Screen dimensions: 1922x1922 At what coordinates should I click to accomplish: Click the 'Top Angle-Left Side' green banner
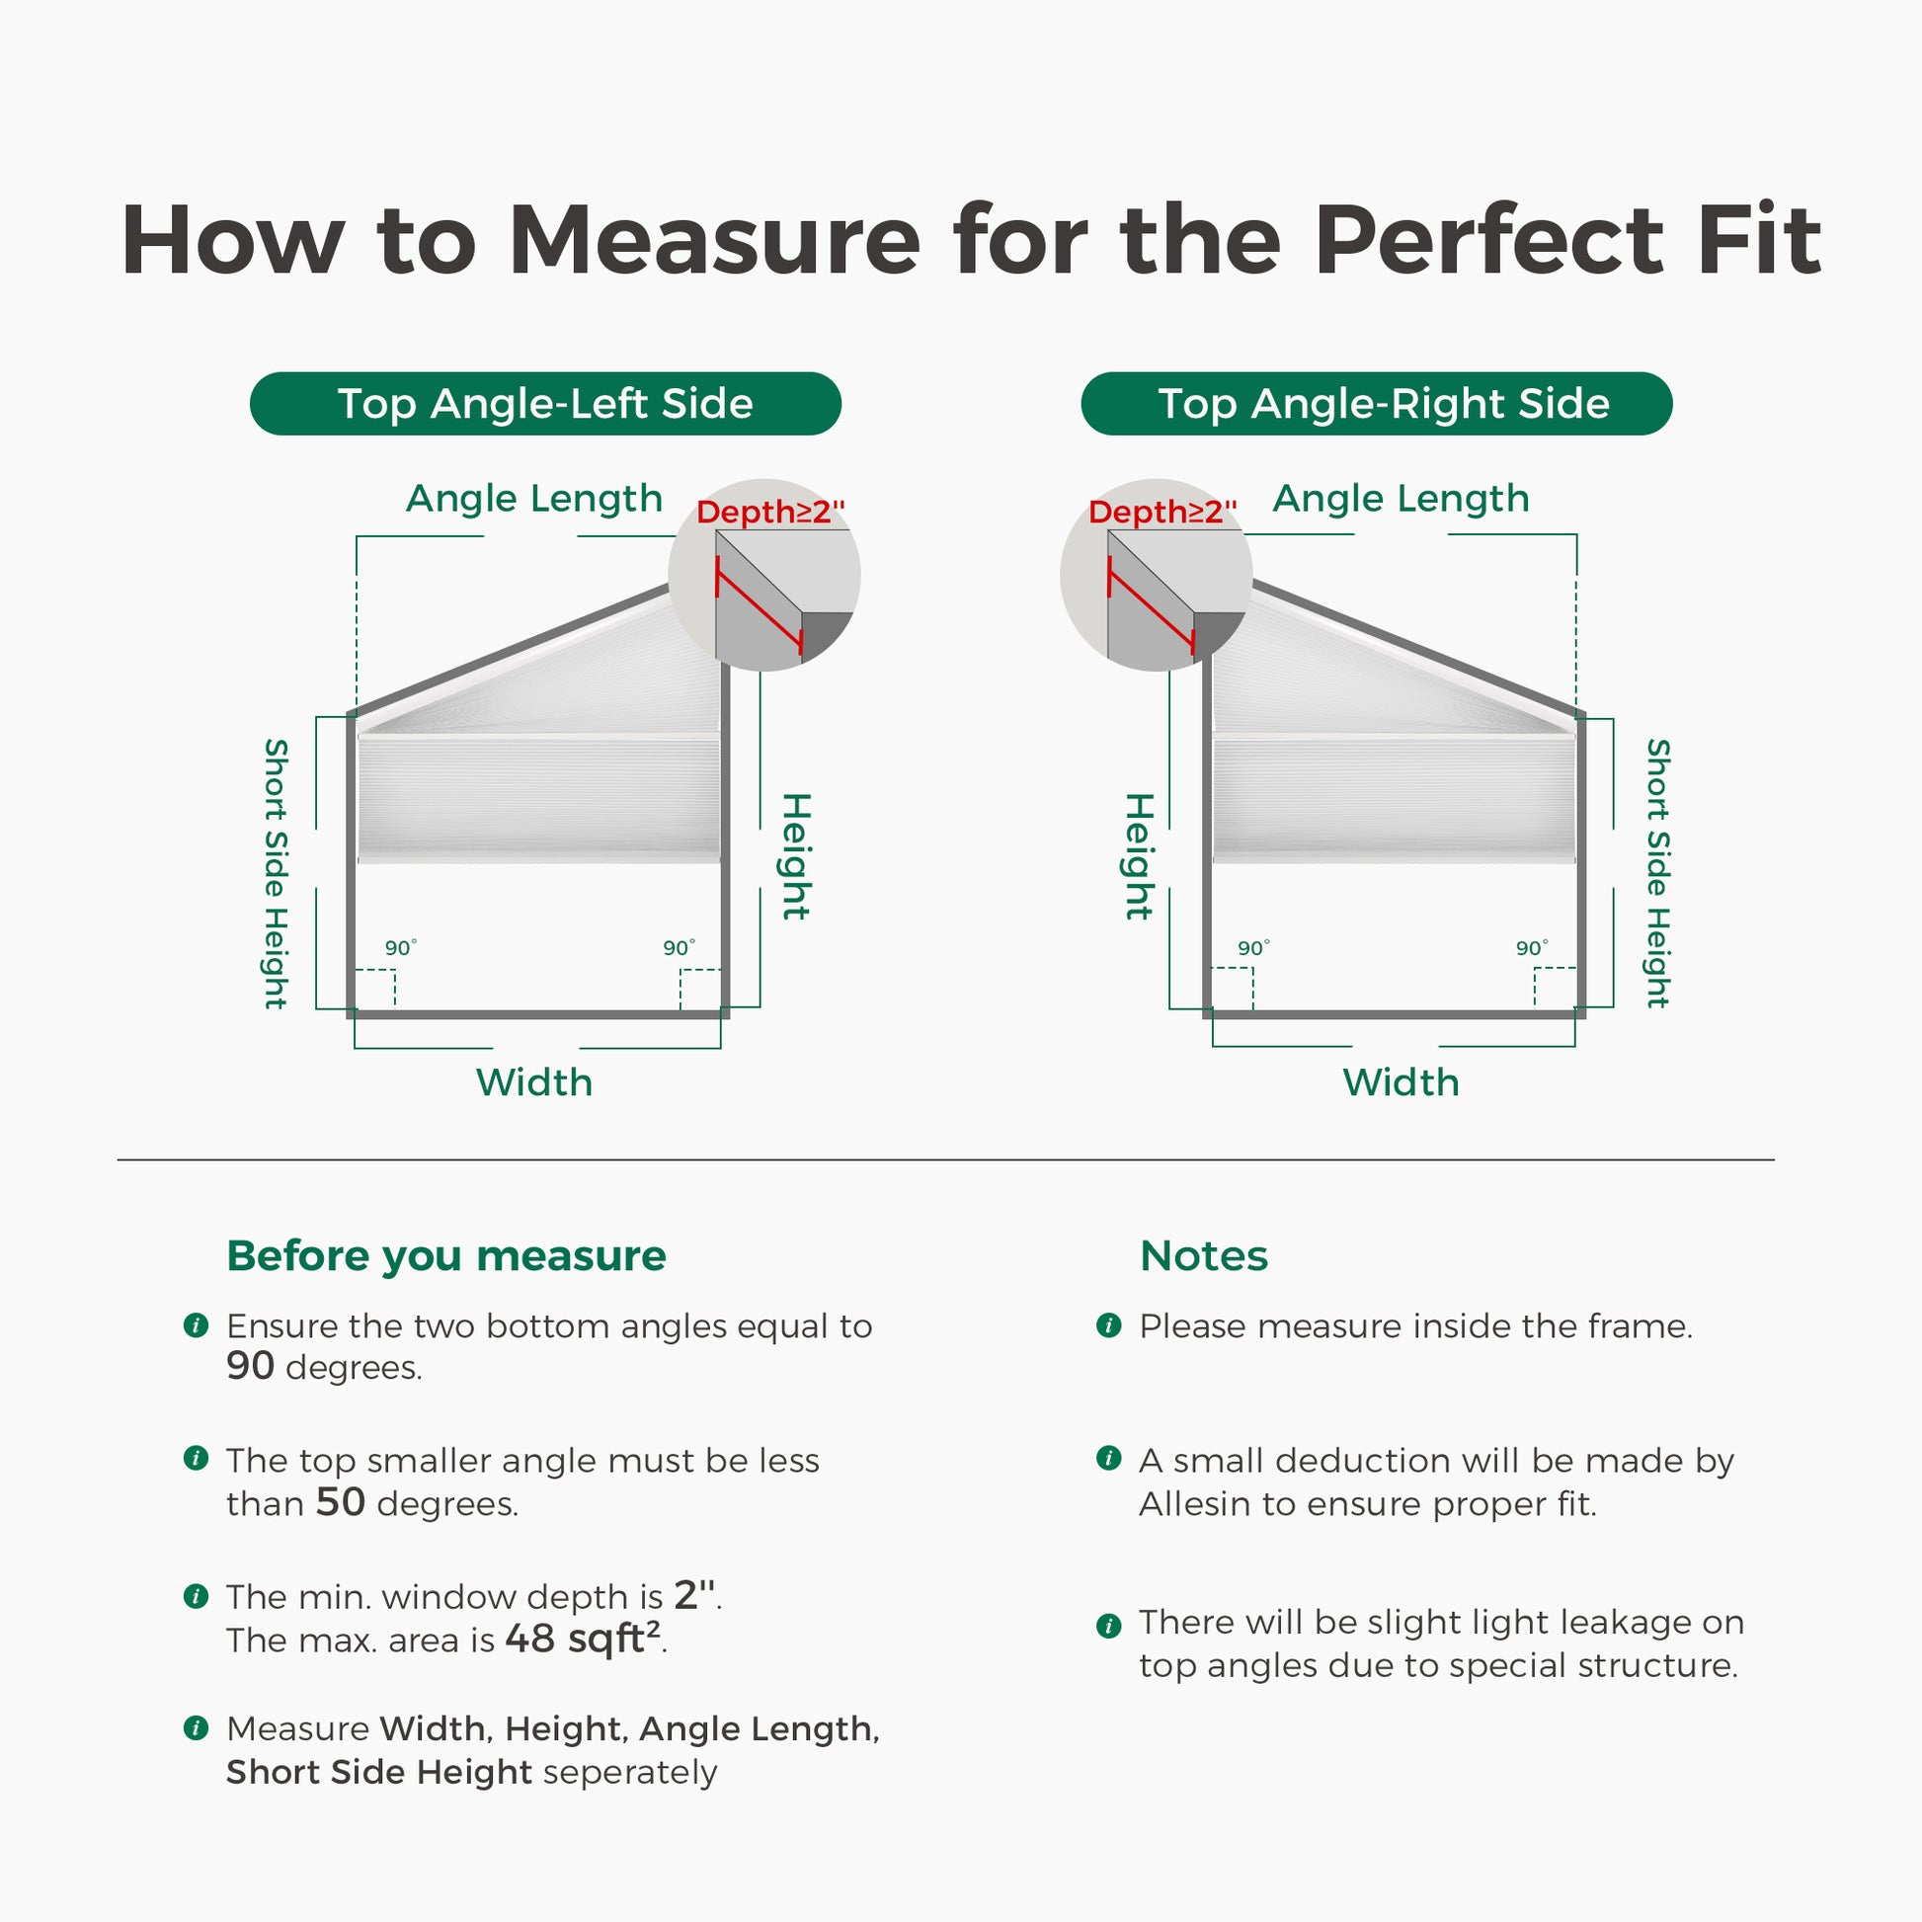[545, 403]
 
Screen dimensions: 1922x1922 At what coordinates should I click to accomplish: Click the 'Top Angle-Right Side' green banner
[1377, 403]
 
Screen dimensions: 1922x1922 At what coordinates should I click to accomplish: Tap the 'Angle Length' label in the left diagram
[534, 500]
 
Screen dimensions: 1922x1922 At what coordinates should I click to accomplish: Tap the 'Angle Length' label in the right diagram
[1401, 500]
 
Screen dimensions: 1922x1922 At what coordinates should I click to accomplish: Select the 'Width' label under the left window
[534, 1082]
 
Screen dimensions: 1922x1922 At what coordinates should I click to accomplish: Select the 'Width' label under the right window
[1401, 1082]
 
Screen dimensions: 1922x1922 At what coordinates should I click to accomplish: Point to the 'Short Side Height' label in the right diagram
[1657, 873]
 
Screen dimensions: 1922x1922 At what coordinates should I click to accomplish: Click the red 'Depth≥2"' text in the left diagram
[771, 513]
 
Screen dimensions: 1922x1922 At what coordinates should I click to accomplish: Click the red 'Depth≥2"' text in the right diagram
[1162, 513]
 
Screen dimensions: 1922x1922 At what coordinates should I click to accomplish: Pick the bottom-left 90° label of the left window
[401, 948]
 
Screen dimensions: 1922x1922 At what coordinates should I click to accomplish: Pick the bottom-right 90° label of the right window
[1532, 948]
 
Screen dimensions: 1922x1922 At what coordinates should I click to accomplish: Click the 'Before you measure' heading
[446, 1256]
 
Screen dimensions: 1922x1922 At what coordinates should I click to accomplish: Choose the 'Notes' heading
[1204, 1256]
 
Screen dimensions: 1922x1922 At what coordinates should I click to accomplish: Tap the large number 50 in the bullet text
[340, 1502]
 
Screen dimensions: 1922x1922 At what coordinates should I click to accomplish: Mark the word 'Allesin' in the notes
[1196, 1504]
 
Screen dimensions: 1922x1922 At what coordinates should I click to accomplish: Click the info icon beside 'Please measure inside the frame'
[1108, 1325]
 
